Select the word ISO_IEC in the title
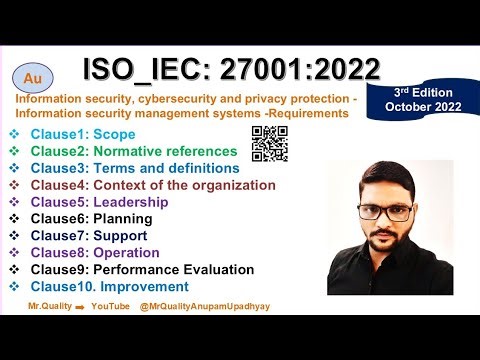point(146,69)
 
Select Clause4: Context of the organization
point(152,185)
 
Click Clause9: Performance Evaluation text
point(142,269)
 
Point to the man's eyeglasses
point(384,212)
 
